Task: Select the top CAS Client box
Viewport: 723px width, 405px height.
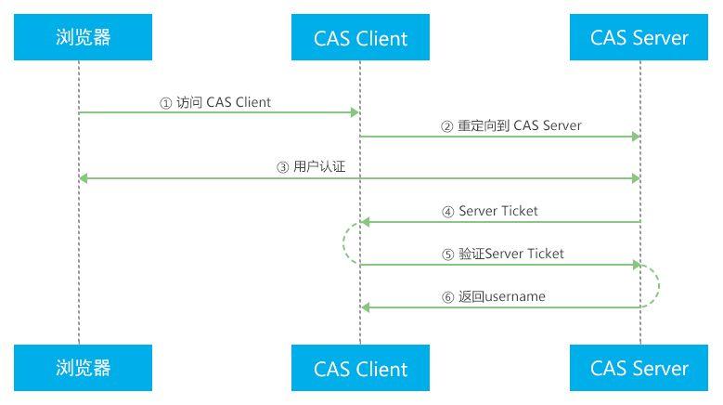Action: click(x=360, y=38)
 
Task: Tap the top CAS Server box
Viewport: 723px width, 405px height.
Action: click(x=639, y=38)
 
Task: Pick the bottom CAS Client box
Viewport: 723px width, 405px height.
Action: click(x=360, y=368)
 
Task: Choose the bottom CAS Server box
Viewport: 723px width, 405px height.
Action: click(x=639, y=368)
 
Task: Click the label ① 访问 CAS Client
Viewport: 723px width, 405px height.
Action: click(x=215, y=102)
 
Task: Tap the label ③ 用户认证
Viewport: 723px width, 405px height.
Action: click(x=318, y=167)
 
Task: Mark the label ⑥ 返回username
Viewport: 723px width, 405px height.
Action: click(x=494, y=296)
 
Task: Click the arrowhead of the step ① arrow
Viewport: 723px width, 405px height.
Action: click(x=355, y=113)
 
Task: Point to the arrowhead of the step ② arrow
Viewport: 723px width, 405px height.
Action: click(x=635, y=137)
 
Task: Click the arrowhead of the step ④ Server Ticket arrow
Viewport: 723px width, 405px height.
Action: click(x=366, y=222)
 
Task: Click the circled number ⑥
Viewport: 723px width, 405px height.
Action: click(x=448, y=297)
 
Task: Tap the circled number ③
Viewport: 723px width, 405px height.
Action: click(x=284, y=168)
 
